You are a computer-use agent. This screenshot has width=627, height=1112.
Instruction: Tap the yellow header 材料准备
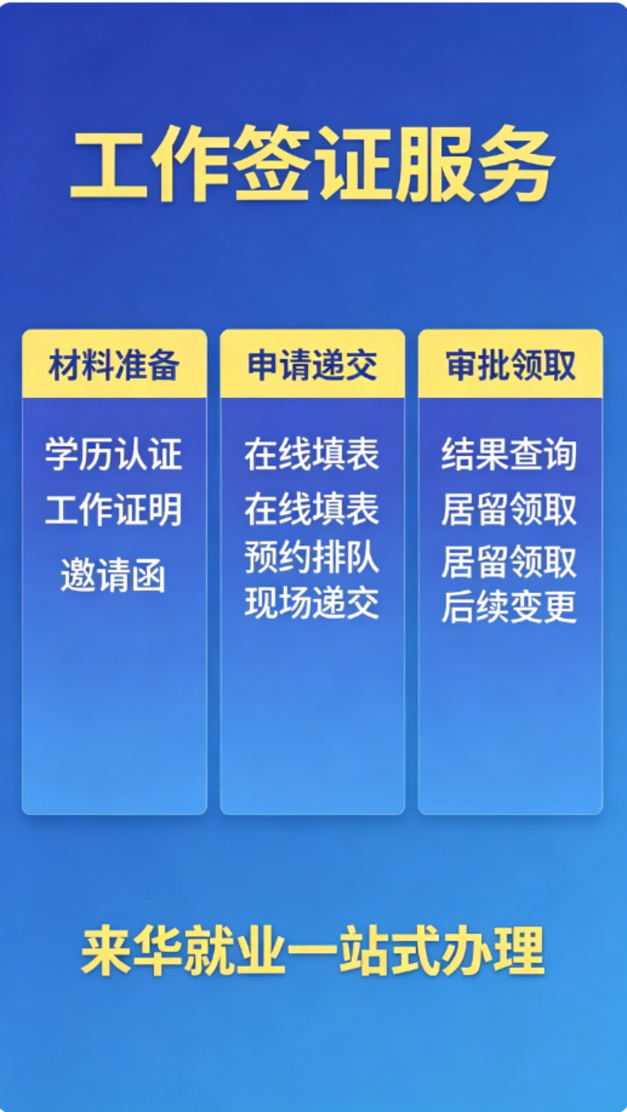pos(114,365)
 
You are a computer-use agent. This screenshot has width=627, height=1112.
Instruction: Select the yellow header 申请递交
pos(312,365)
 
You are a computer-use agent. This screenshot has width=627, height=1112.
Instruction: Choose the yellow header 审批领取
pos(510,365)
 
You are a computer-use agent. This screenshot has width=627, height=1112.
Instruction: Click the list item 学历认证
pos(114,454)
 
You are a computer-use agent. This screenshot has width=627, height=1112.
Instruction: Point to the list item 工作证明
pos(114,509)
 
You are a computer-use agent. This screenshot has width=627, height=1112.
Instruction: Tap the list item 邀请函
pos(113,575)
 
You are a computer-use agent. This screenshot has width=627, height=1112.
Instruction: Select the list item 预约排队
pos(312,557)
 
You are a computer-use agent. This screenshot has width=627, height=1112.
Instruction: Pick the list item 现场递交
pos(312,603)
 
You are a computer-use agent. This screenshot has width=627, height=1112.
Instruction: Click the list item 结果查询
pos(509,454)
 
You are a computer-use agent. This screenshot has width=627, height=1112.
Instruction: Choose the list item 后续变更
pos(509,606)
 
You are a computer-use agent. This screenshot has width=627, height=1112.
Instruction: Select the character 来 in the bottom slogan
pos(106,950)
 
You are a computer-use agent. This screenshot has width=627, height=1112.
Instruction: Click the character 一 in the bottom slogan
pos(312,951)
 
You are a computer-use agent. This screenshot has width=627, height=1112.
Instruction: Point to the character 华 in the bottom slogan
pos(158,950)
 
